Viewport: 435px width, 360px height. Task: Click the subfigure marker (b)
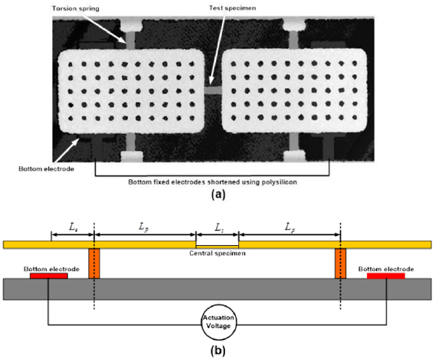pos(217,350)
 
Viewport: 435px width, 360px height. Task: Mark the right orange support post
pos(341,263)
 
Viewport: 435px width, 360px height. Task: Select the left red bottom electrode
pos(49,274)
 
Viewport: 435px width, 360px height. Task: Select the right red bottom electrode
pos(386,274)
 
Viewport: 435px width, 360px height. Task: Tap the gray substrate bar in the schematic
pos(217,288)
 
